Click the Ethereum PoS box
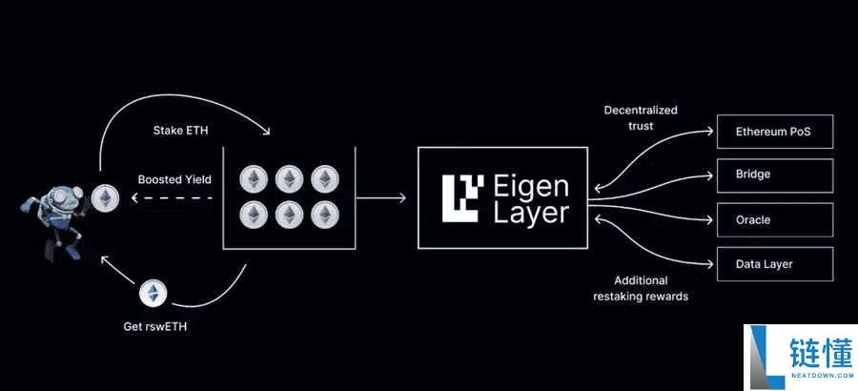coord(775,132)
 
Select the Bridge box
coord(775,175)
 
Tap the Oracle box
coord(775,219)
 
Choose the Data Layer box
coord(775,263)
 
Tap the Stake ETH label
coord(179,130)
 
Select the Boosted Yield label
coord(174,178)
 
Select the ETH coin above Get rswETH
coord(153,293)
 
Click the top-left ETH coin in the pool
coord(253,179)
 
